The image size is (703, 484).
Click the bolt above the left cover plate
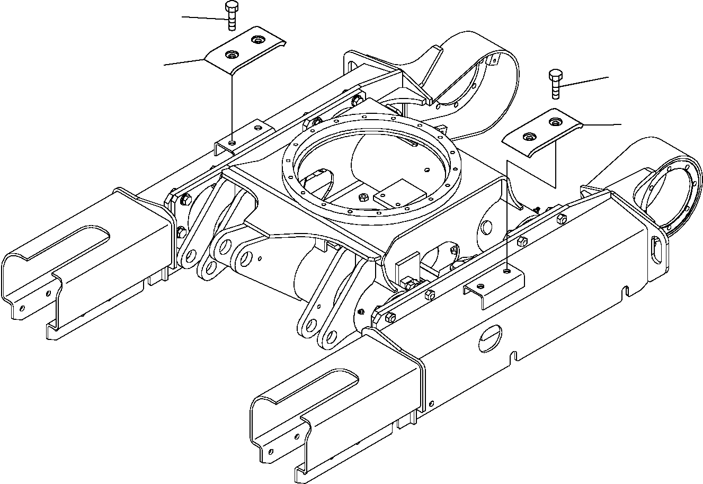point(231,16)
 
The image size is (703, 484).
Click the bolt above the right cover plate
point(555,83)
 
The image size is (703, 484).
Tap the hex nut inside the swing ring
point(363,198)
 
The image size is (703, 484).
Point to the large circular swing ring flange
point(297,175)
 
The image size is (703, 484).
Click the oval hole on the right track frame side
point(490,337)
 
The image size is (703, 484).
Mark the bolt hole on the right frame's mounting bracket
point(508,271)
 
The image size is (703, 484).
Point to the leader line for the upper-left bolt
point(204,19)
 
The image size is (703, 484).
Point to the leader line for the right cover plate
point(601,125)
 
